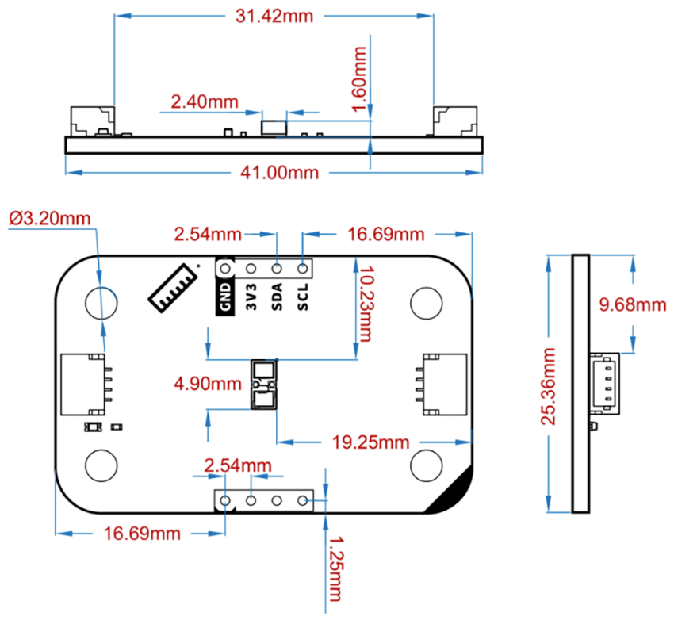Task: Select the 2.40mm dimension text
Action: pyautogui.click(x=205, y=101)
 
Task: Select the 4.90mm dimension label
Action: pyautogui.click(x=208, y=385)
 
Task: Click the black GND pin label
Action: pyautogui.click(x=225, y=296)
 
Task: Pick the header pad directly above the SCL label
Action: pyautogui.click(x=302, y=270)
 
